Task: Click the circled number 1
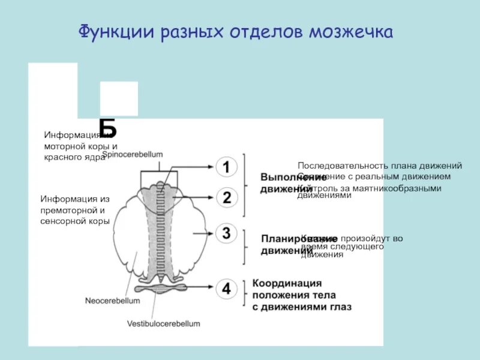click(226, 167)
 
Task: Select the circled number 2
click(226, 197)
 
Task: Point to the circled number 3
click(226, 233)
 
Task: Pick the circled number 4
click(226, 289)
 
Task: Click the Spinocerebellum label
click(133, 155)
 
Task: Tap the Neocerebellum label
click(113, 301)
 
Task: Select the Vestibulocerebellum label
click(163, 323)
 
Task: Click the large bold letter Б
click(108, 128)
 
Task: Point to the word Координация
click(287, 283)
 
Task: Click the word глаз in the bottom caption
click(340, 307)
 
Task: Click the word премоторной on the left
click(68, 210)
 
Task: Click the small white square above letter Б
click(119, 98)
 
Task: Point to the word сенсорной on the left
click(63, 221)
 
